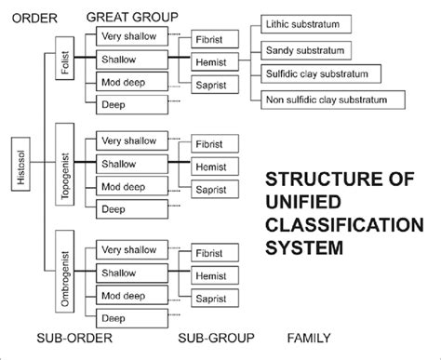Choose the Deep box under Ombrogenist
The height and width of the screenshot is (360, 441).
pyautogui.click(x=130, y=318)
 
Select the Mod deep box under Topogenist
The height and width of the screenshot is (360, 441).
pyautogui.click(x=130, y=186)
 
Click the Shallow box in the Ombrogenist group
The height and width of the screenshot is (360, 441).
pyautogui.click(x=130, y=273)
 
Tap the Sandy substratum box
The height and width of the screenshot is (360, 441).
pyautogui.click(x=305, y=49)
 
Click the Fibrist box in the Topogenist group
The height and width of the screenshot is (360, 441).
pyautogui.click(x=215, y=145)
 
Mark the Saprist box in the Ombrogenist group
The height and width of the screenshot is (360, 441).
pyautogui.click(x=215, y=298)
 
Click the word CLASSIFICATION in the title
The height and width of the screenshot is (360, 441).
pyautogui.click(x=344, y=226)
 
